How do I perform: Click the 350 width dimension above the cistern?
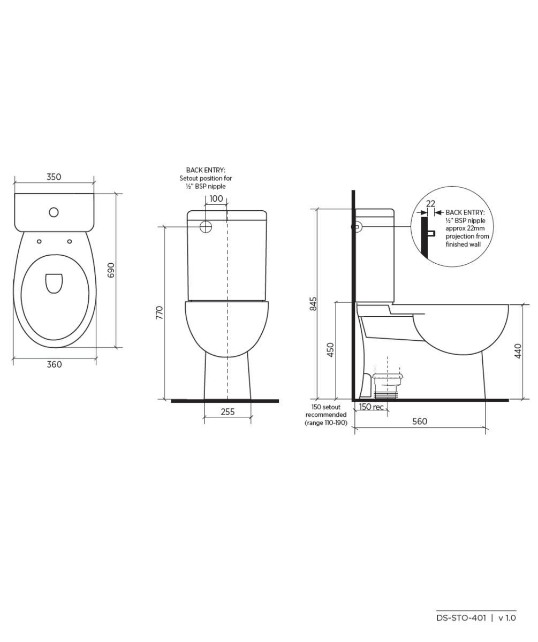click(54, 177)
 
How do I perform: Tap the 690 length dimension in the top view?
click(111, 270)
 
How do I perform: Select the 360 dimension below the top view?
click(54, 364)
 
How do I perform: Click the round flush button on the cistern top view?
click(54, 212)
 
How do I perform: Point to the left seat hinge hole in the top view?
click(39, 241)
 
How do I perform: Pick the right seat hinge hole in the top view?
click(70, 241)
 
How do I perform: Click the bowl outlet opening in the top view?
click(54, 283)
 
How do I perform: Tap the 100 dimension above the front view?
click(216, 198)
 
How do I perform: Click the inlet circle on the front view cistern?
click(206, 227)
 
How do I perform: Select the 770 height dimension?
click(160, 312)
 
